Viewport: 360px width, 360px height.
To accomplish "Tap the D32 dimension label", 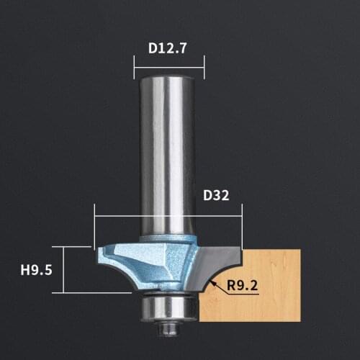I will coord(215,196).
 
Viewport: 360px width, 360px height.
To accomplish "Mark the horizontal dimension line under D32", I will coord(168,216).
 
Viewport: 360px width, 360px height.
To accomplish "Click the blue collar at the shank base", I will coord(168,240).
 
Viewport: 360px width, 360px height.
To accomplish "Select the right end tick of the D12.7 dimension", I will coord(204,69).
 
